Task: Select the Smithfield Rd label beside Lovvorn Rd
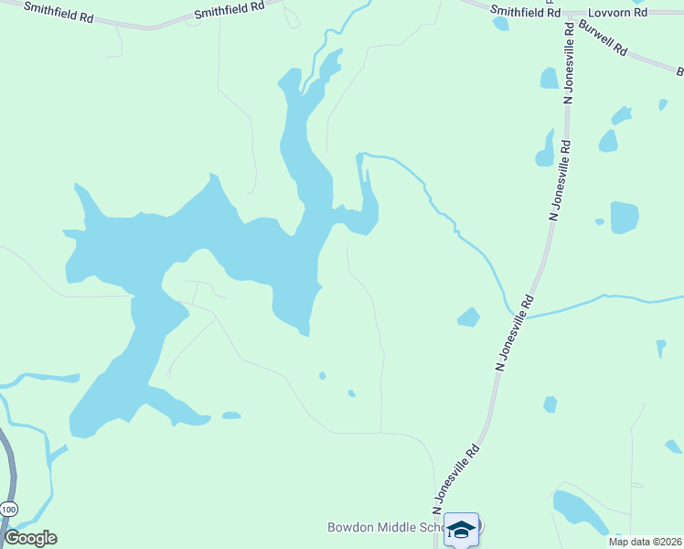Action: [x=525, y=11]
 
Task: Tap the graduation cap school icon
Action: [x=463, y=528]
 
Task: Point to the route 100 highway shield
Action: [x=9, y=508]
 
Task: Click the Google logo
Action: [x=31, y=538]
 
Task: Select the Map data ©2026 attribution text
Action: [x=645, y=542]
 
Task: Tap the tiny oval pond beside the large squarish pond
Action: [x=599, y=221]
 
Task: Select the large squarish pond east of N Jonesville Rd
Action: [x=625, y=218]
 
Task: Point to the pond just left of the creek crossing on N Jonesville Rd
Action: [x=468, y=318]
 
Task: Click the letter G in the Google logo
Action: [x=12, y=538]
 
